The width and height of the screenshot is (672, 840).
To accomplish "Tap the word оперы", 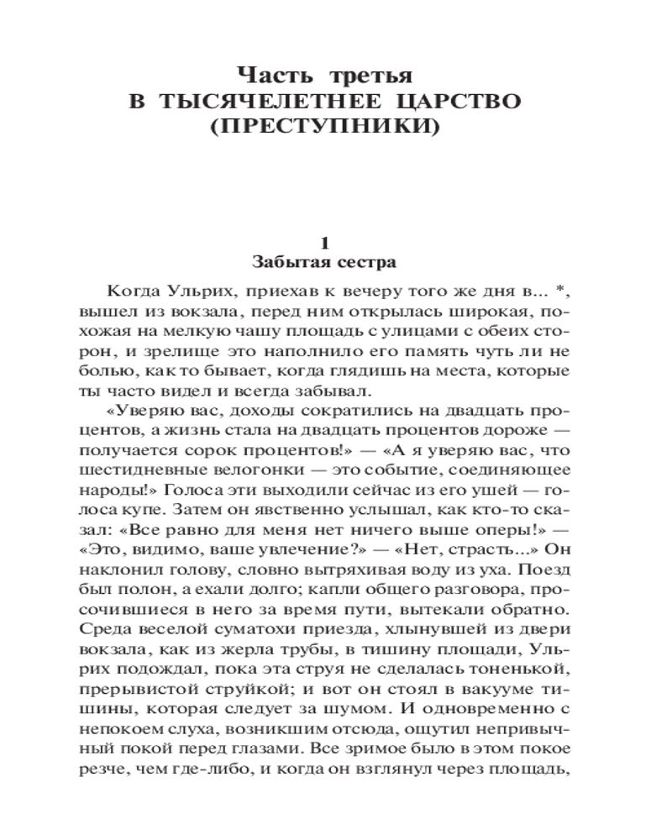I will [498, 532].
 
